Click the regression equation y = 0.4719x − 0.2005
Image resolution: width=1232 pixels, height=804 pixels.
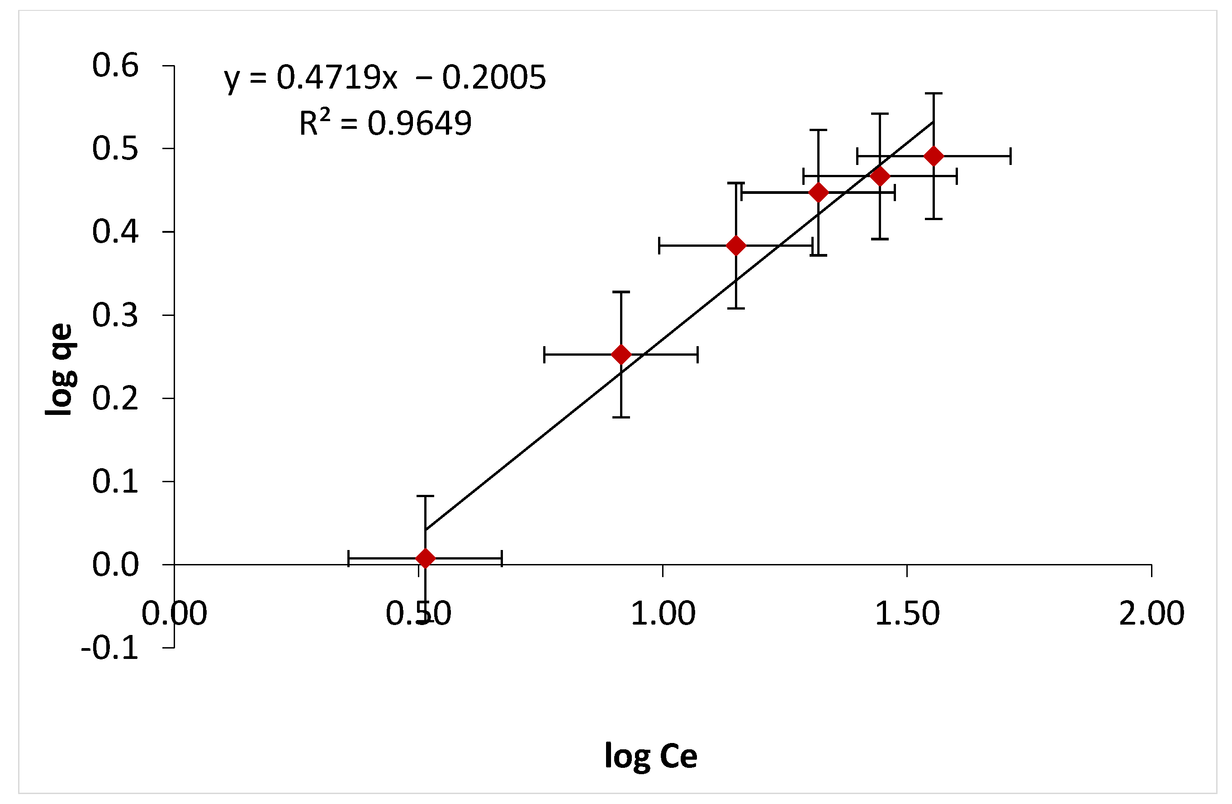(384, 78)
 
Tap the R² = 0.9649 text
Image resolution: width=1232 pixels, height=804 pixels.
(385, 124)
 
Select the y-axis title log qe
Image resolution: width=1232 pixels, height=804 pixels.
(61, 369)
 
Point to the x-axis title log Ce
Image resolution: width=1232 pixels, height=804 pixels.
(651, 757)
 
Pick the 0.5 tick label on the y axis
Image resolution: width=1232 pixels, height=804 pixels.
(115, 149)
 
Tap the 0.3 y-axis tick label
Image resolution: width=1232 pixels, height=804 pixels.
(115, 315)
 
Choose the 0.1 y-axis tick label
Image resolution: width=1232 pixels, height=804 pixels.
(115, 482)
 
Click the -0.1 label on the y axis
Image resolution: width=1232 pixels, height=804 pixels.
(110, 648)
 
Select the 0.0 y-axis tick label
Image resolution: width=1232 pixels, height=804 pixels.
(115, 565)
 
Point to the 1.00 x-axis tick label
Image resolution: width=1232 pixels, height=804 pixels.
(663, 614)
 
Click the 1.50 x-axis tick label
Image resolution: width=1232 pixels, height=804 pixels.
(907, 614)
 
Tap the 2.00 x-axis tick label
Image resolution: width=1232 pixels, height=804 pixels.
(1151, 614)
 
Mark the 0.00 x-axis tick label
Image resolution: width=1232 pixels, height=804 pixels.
(175, 614)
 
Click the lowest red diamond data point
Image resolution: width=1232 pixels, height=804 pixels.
(425, 559)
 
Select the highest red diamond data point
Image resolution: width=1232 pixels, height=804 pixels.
(933, 156)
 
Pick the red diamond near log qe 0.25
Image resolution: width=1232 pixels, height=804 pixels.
(621, 354)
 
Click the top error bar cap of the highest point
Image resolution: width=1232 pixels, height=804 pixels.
(933, 94)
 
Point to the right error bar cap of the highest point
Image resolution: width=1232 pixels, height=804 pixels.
(1010, 156)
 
